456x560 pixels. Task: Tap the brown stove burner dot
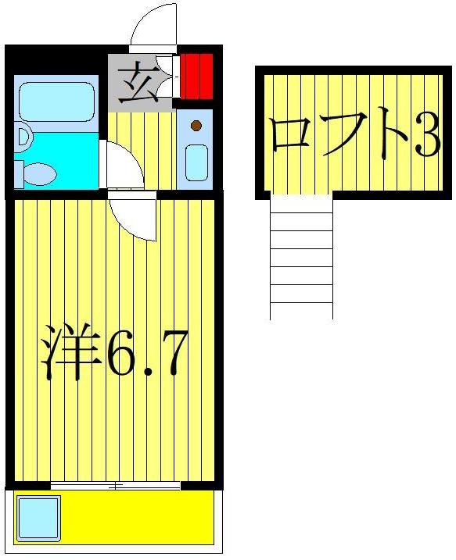196,125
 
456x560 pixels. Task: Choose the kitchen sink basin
196,162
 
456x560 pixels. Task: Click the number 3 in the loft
427,137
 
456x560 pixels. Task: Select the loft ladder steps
301,258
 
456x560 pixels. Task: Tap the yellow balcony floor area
133,515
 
